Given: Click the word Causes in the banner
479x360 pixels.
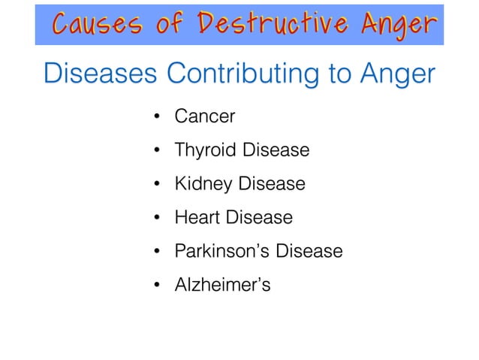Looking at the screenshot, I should coord(93,25).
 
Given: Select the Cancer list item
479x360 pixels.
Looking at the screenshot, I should coord(205,116).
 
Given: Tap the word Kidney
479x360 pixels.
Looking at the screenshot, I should coord(200,185).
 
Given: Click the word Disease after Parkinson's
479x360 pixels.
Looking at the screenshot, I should coord(309,251).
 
